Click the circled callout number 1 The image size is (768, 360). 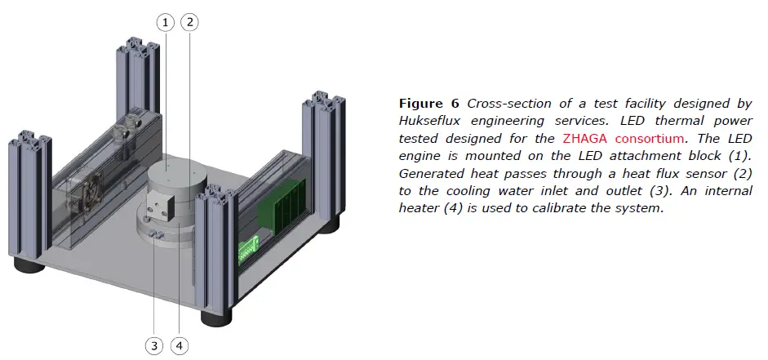coord(165,23)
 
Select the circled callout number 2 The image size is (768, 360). coord(189,23)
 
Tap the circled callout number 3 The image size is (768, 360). coord(154,346)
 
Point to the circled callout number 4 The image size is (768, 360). coord(180,346)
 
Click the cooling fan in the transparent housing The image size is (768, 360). coord(87,194)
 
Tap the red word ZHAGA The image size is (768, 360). coord(584,138)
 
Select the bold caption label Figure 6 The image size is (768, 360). coord(429,104)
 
